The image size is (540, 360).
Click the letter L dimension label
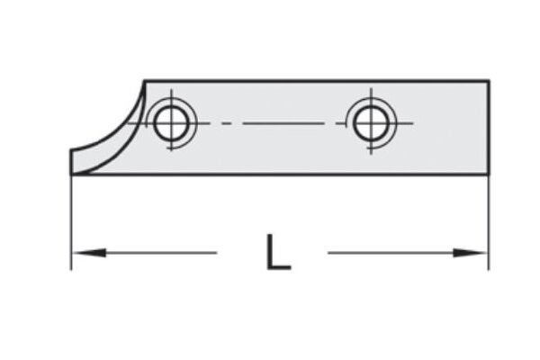click(x=278, y=253)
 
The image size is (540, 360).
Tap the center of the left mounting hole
click(x=170, y=122)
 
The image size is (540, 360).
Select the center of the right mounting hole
click(x=370, y=122)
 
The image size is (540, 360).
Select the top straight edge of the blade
click(x=315, y=80)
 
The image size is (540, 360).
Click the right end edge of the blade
click(x=489, y=127)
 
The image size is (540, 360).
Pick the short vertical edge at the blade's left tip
click(x=71, y=163)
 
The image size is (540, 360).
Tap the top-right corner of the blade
click(x=489, y=80)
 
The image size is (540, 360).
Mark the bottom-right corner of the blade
click(x=489, y=175)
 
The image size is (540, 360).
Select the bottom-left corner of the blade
click(x=71, y=175)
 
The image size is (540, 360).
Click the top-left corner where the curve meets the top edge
click(x=146, y=80)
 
